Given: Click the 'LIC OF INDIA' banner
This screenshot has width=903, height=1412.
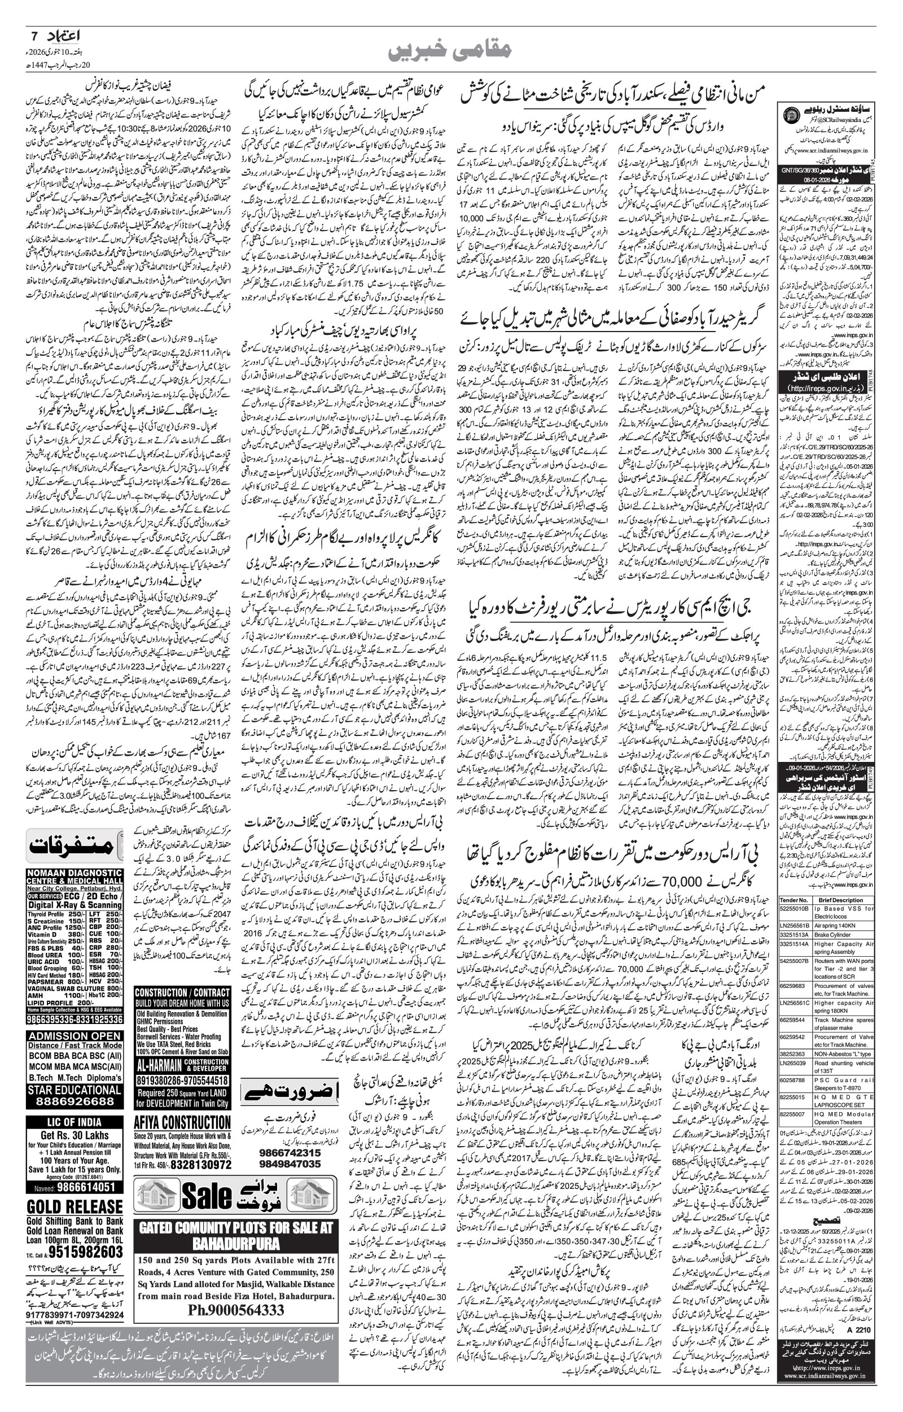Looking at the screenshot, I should coord(74,1122).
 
